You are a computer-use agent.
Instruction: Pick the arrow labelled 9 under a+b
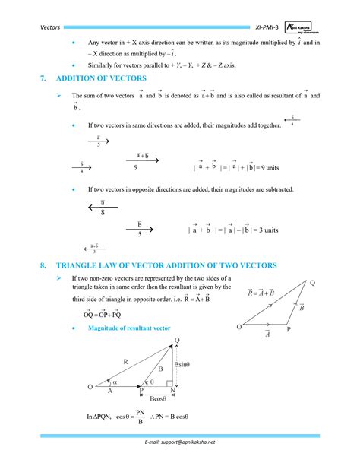[141, 162]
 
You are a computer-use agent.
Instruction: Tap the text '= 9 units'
[263, 166]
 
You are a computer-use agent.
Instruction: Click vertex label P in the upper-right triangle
[288, 330]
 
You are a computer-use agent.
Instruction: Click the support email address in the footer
[180, 442]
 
